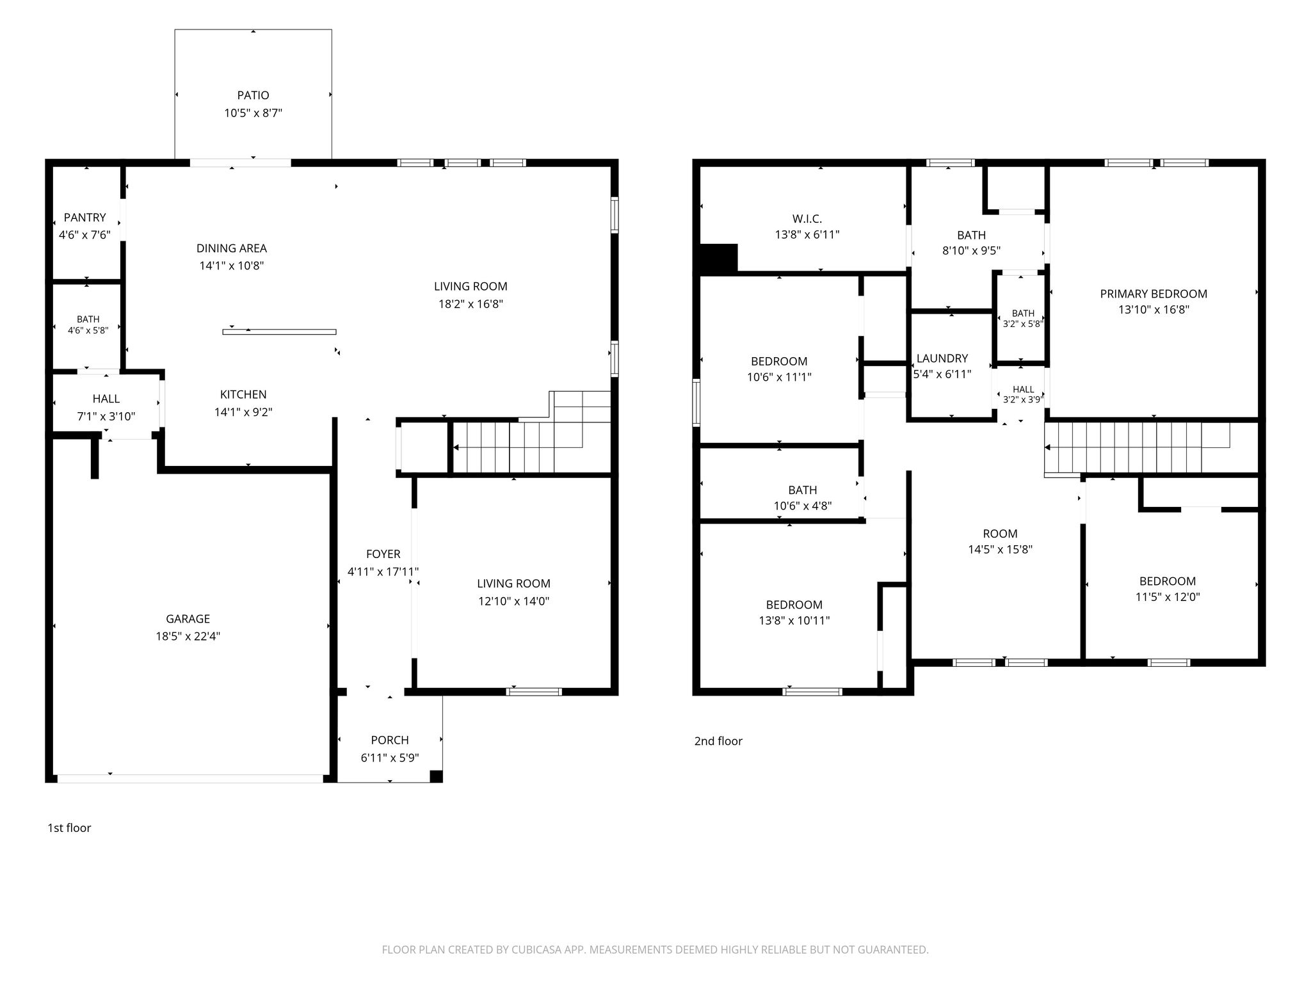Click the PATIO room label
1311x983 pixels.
(253, 95)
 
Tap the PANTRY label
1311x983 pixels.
(84, 218)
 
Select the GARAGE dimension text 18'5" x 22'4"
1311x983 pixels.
(188, 636)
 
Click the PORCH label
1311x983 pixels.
(390, 740)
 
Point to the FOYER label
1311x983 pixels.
(383, 554)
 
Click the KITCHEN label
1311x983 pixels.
(243, 395)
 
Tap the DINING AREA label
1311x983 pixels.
(232, 248)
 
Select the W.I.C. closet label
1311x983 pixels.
(807, 219)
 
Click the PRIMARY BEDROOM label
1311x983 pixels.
(1154, 294)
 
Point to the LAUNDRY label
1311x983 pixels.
(942, 358)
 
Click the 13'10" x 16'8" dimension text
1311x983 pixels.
(1154, 310)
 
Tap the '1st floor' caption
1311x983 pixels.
(69, 827)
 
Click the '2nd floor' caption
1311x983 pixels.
(718, 741)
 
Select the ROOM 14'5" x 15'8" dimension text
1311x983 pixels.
(1001, 549)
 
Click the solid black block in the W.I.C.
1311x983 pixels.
(719, 259)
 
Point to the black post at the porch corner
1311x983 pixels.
(436, 776)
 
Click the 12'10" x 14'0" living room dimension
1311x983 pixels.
(513, 601)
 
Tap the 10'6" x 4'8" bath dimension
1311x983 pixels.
(803, 506)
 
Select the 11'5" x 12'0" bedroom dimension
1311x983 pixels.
(1168, 596)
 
